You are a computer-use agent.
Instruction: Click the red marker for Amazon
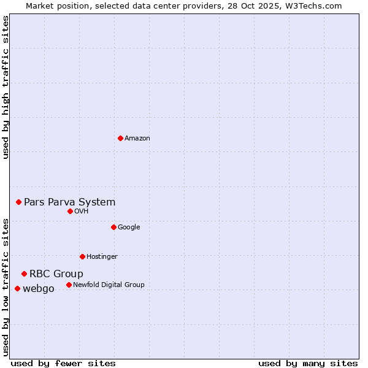click(120, 138)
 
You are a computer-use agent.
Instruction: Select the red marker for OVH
click(70, 211)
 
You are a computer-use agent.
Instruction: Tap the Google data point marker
click(113, 227)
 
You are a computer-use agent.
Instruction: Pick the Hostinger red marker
click(82, 256)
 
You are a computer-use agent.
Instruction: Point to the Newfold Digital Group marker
click(69, 285)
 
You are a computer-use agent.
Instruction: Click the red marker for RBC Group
click(24, 274)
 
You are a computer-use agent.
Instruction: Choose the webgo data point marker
click(17, 288)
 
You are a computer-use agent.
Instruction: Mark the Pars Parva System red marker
click(18, 202)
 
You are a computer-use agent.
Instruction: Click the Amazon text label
click(137, 138)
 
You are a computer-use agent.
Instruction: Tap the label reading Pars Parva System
click(69, 202)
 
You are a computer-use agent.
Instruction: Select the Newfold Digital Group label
click(109, 285)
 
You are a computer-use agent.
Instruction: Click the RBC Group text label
click(56, 274)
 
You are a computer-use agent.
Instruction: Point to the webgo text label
click(39, 288)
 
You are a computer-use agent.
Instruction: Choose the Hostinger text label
click(102, 256)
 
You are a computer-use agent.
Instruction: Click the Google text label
click(129, 227)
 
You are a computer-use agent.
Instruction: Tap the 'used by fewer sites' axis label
click(63, 363)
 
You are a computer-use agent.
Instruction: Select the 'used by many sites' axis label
click(308, 363)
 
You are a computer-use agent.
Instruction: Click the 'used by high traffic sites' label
click(6, 87)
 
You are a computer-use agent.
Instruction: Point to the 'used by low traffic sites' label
click(6, 286)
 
